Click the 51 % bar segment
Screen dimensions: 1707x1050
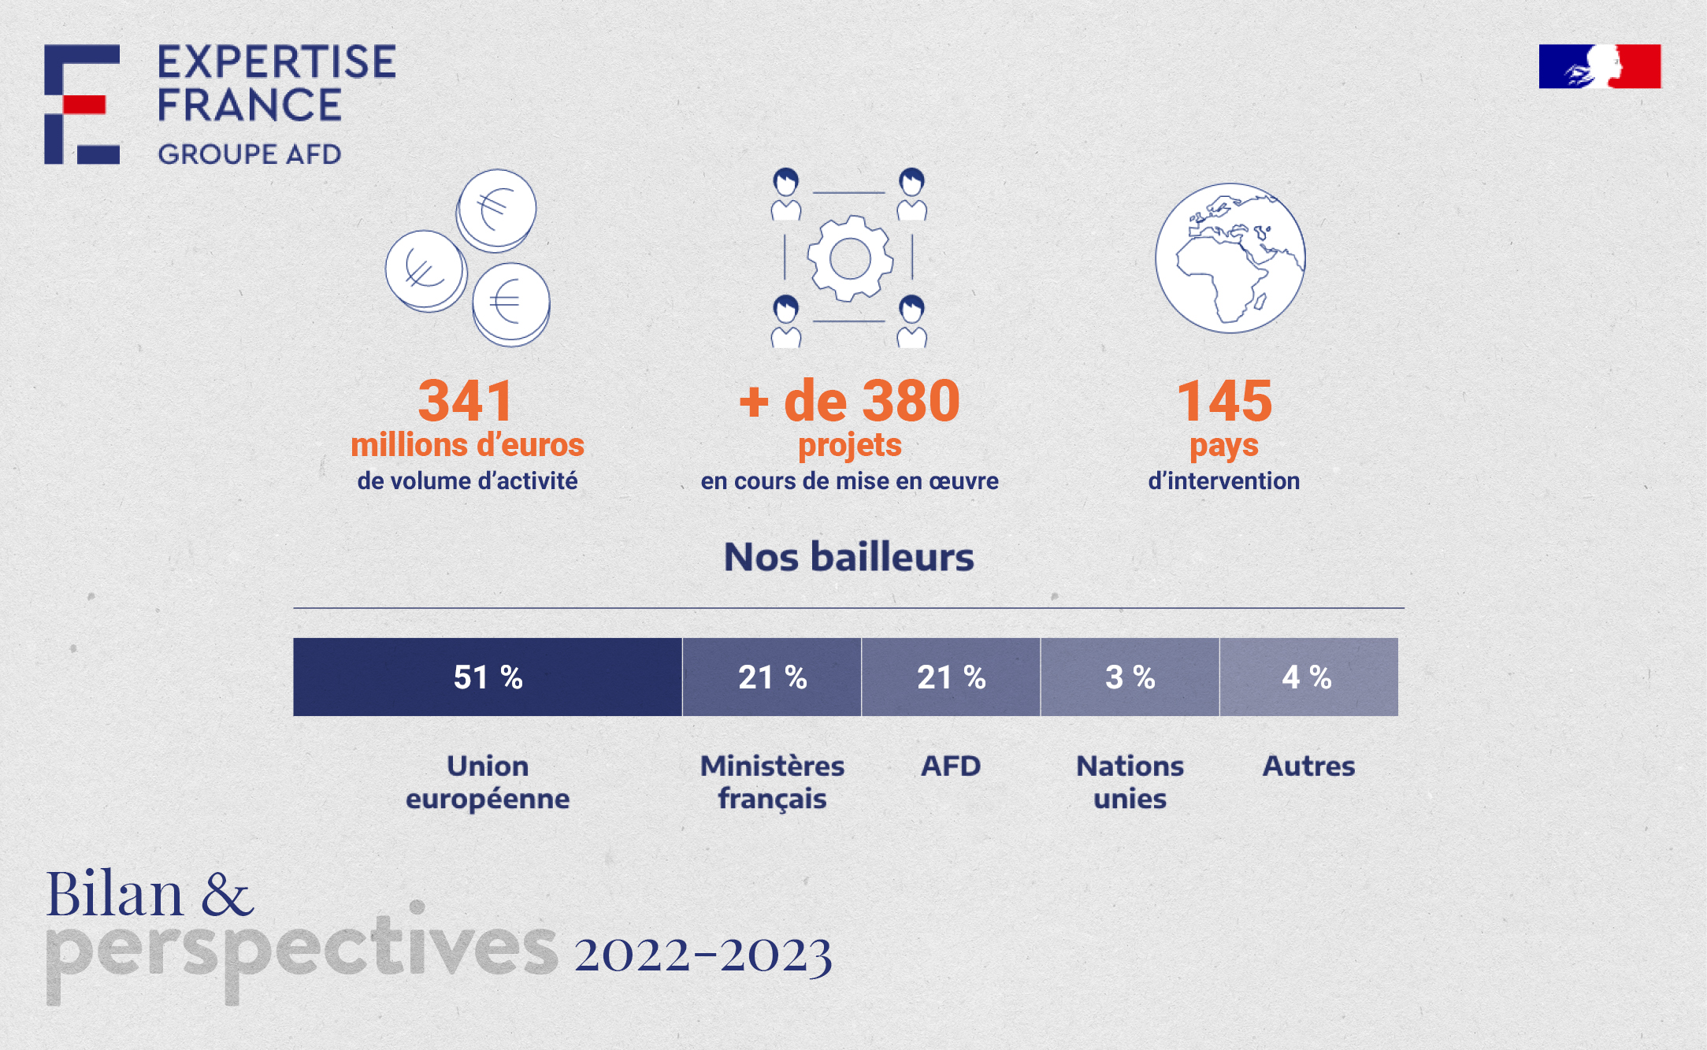[x=488, y=677]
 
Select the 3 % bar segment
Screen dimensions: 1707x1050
[x=1130, y=677]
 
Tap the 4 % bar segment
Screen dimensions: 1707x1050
[x=1308, y=677]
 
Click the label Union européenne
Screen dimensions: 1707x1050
[x=488, y=782]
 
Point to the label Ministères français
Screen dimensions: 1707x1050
[x=772, y=782]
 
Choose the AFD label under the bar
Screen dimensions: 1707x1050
[x=951, y=766]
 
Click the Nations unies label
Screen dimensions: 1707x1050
[x=1130, y=782]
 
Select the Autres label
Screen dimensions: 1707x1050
[x=1308, y=766]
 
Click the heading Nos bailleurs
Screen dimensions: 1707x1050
[x=849, y=557]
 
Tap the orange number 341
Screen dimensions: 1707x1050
[x=466, y=400]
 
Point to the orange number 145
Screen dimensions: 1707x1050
[x=1224, y=400]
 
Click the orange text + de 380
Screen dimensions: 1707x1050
[x=849, y=400]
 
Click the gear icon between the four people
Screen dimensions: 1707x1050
[x=850, y=258]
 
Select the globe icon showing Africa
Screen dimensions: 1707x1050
[x=1230, y=258]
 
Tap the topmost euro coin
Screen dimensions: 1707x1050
[x=496, y=210]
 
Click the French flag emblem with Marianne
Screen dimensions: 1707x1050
[x=1600, y=66]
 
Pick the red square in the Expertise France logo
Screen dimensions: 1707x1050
[x=83, y=105]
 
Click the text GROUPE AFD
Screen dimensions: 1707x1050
[x=250, y=154]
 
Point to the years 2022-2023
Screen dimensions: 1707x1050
[x=703, y=955]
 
